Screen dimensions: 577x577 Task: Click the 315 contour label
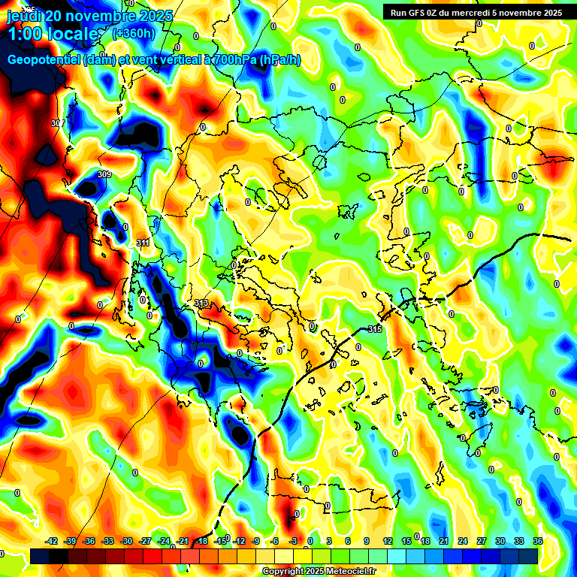375,330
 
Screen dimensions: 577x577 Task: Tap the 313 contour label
201,303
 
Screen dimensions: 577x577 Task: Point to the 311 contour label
143,243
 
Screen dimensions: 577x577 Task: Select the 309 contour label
104,174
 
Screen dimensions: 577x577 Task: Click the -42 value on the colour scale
52,541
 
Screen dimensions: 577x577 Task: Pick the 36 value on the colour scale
537,541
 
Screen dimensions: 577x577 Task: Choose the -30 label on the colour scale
126,541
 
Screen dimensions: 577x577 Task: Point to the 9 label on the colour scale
367,541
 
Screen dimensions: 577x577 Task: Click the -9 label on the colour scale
256,541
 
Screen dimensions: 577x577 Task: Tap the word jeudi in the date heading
25,16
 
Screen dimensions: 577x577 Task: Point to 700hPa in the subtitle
236,60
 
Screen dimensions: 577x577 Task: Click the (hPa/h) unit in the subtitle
280,60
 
